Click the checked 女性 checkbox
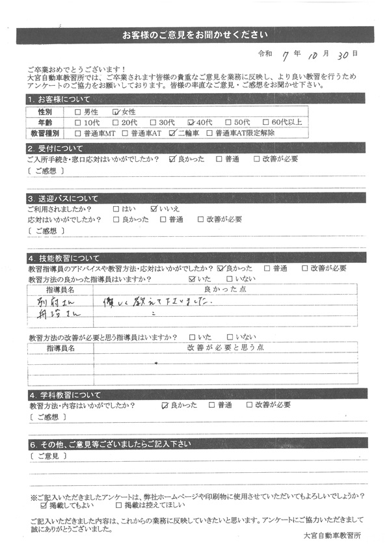tap(116, 111)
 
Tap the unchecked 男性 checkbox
tap(79, 111)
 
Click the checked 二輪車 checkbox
tap(172, 132)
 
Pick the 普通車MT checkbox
tap(79, 132)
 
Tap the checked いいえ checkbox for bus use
tap(154, 209)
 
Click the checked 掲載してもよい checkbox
tap(44, 504)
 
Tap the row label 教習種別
tap(44, 132)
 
